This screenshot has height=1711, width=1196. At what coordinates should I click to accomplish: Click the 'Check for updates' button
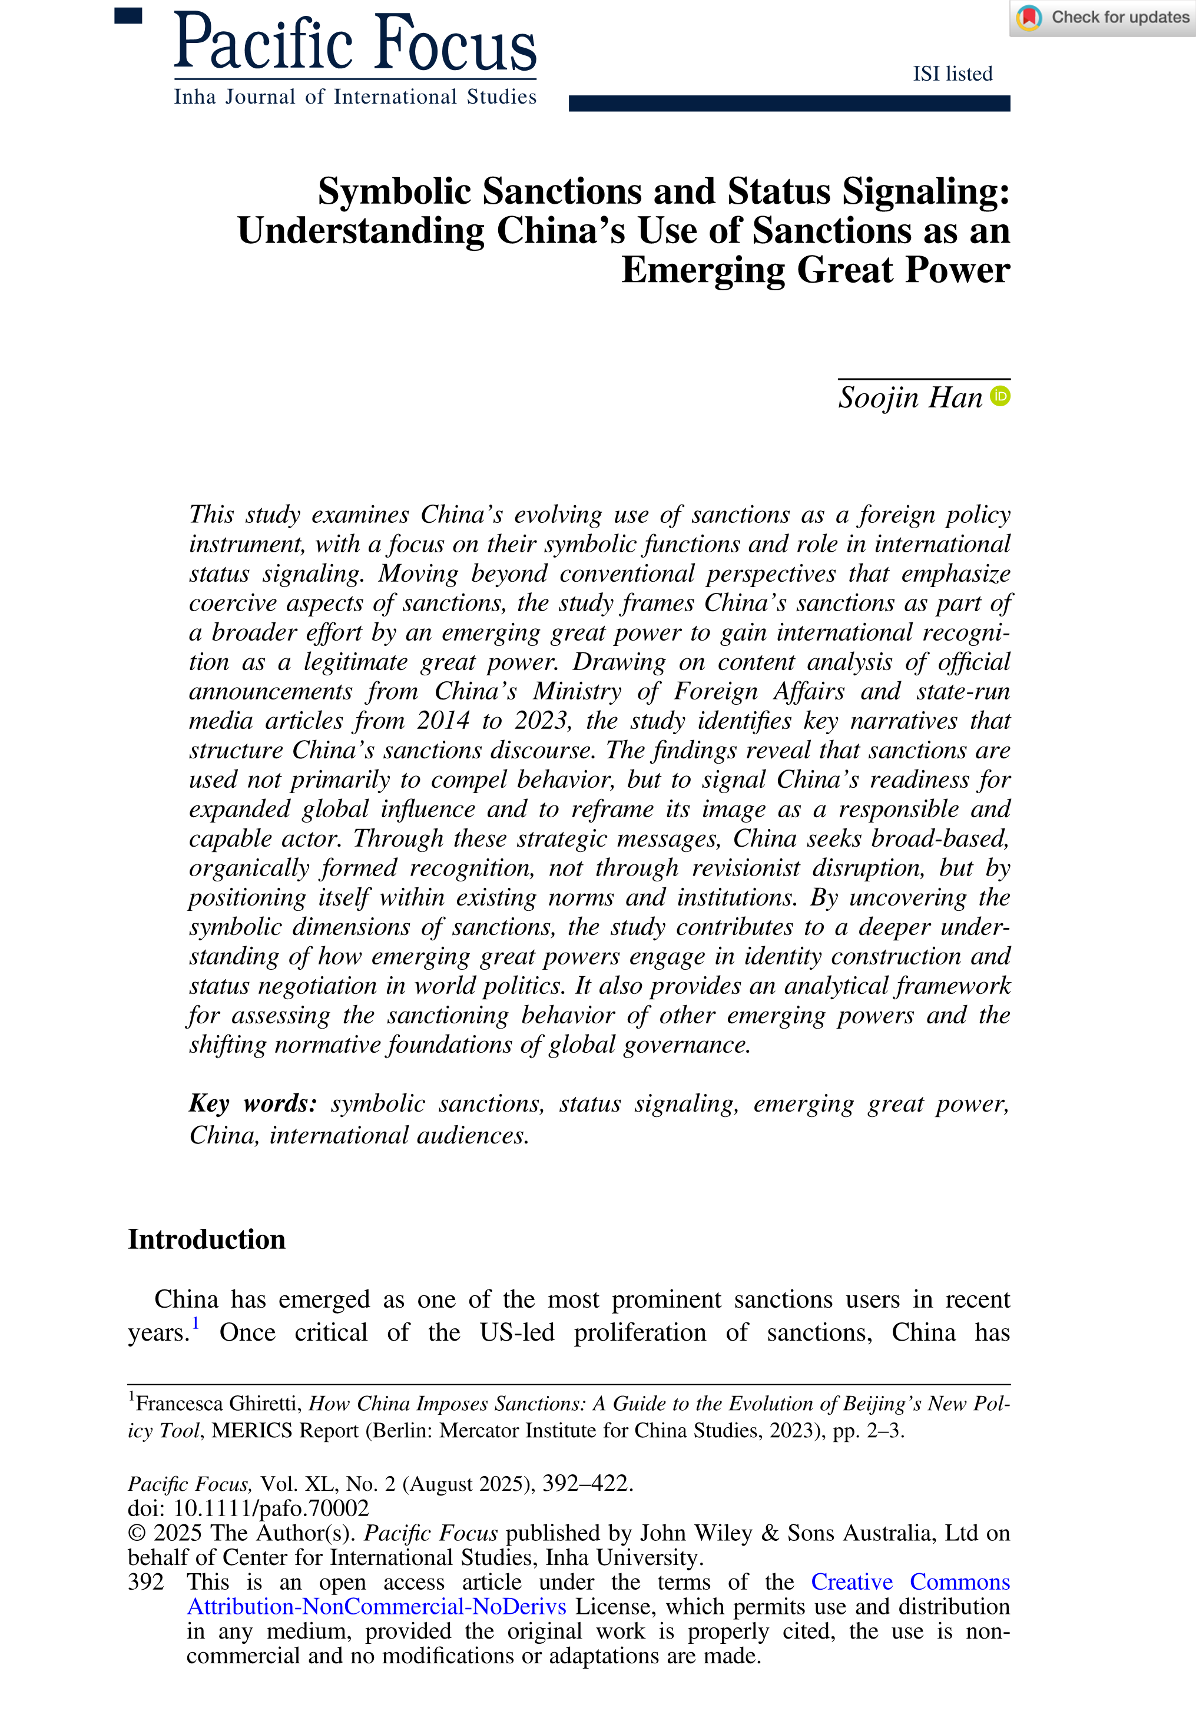pos(1104,18)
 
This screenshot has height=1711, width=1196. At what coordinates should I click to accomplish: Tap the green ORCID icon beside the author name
pos(1000,396)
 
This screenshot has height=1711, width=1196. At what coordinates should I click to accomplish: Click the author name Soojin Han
pos(910,398)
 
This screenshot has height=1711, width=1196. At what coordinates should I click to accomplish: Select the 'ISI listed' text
pos(952,74)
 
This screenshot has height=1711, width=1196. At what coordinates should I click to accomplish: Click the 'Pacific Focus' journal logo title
pos(355,42)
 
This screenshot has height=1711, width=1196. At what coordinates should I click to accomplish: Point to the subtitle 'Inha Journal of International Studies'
pos(355,97)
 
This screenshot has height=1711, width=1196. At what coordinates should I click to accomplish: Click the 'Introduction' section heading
pos(207,1239)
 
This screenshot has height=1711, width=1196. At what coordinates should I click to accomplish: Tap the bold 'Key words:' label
pos(253,1103)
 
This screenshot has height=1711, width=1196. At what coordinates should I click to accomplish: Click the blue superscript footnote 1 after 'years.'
pos(196,1324)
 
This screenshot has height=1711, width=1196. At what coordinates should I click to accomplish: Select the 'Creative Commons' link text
pos(910,1581)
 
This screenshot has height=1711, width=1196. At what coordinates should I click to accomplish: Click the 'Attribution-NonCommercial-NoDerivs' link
pos(376,1606)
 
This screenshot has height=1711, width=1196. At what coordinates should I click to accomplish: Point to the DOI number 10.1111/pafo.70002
pos(271,1508)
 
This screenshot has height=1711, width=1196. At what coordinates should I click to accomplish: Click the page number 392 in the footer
pos(145,1581)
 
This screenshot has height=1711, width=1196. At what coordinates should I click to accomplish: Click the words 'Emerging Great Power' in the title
pos(815,270)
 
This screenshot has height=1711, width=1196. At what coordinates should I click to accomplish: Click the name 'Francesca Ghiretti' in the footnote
pos(216,1404)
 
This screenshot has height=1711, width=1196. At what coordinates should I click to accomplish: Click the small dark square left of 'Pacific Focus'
pos(128,16)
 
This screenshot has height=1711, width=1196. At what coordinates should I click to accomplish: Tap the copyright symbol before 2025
pos(137,1533)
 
